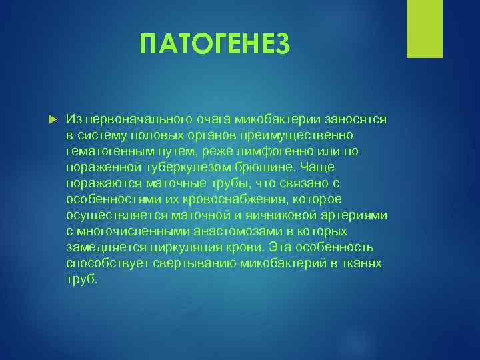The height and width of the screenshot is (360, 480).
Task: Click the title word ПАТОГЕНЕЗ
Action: point(215,45)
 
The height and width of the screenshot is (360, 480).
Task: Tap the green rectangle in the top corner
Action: point(425,29)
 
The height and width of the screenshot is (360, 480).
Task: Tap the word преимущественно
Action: point(313,135)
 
